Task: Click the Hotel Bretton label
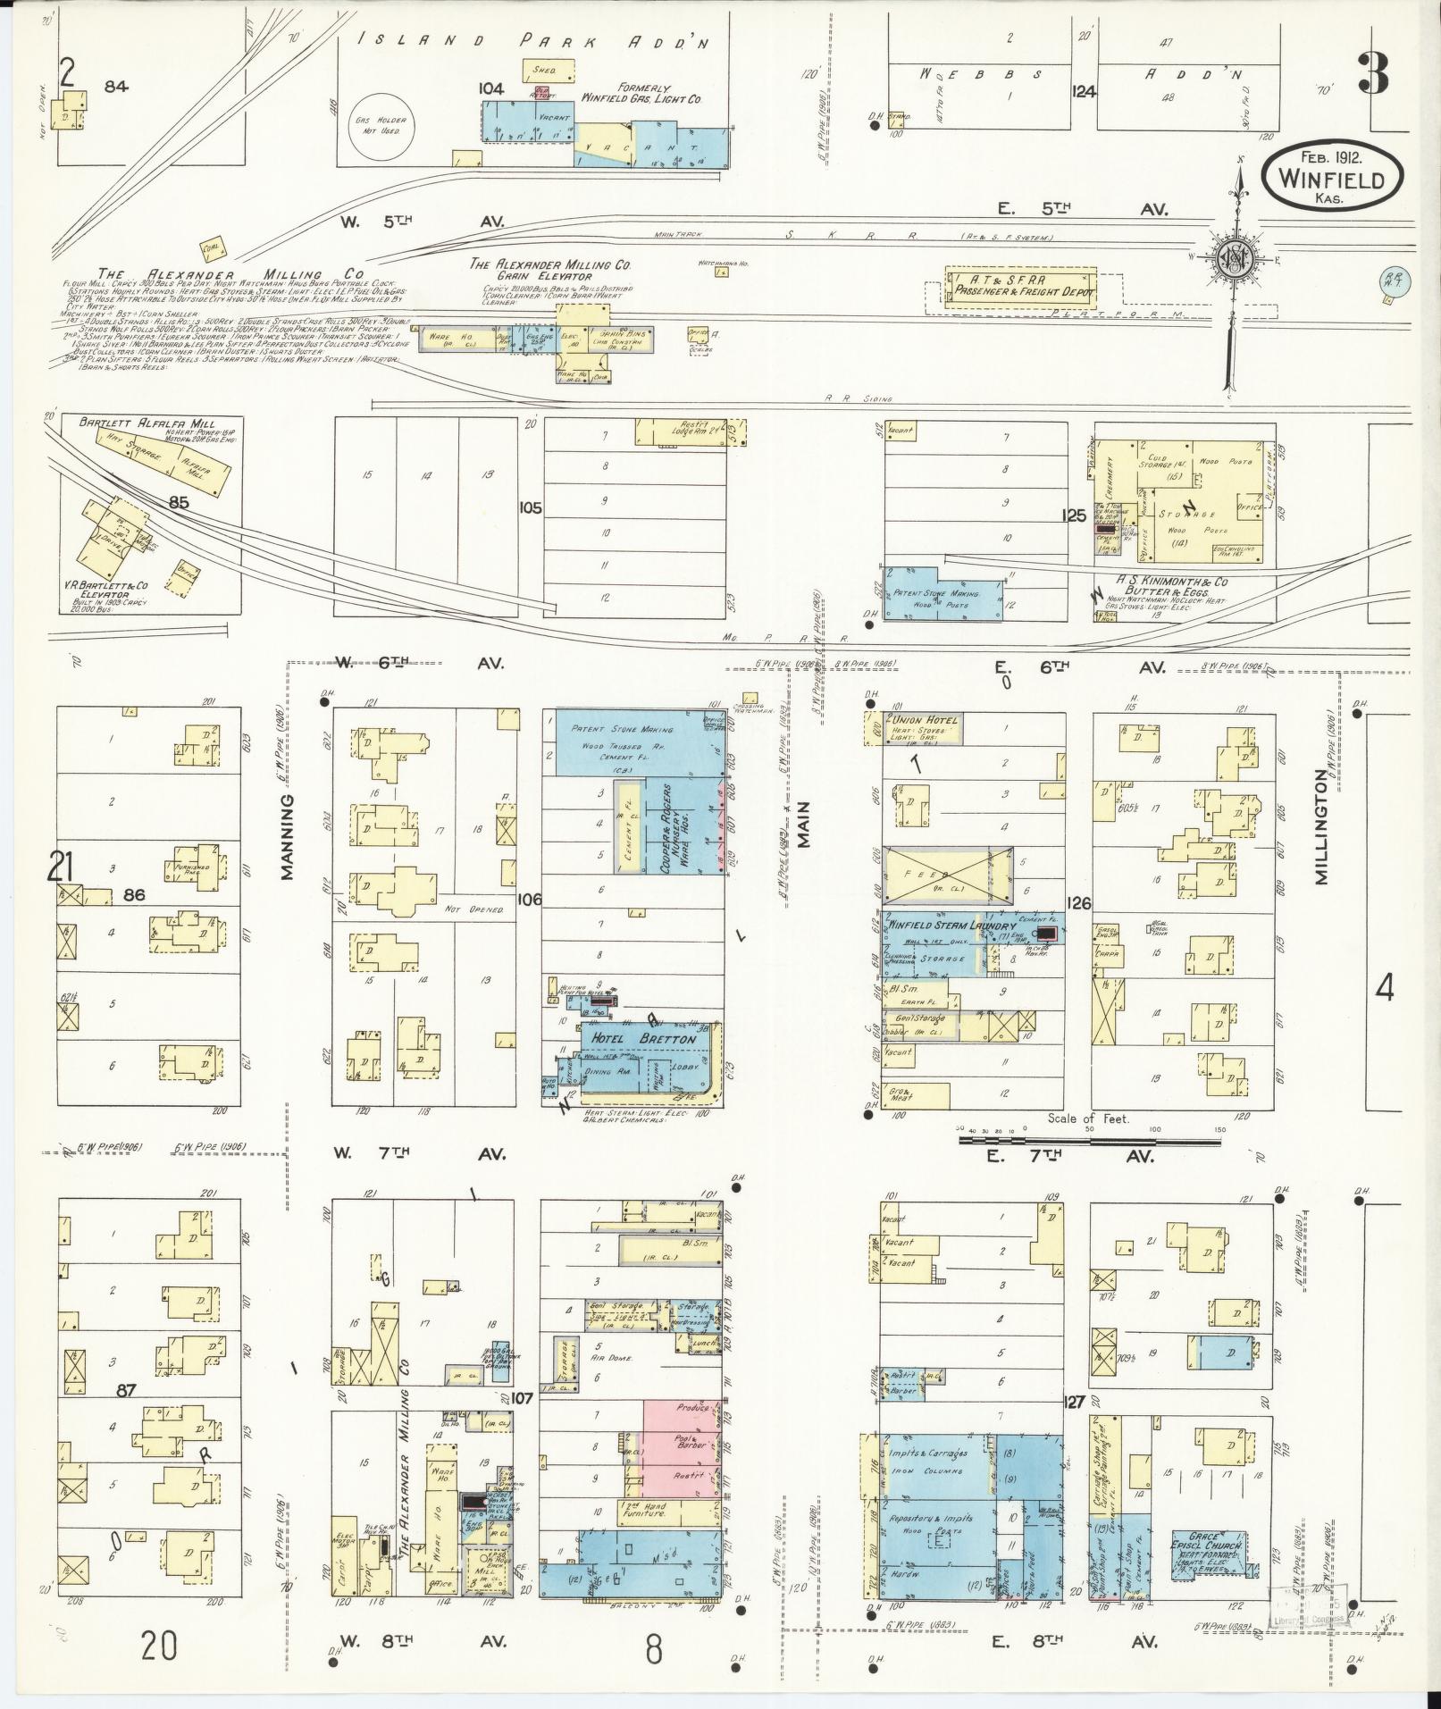tap(639, 1039)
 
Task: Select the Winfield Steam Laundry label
tap(951, 926)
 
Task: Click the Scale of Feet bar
tap(1092, 1140)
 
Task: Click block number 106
tap(529, 899)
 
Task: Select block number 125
tap(1075, 515)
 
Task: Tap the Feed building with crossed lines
tap(947, 875)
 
